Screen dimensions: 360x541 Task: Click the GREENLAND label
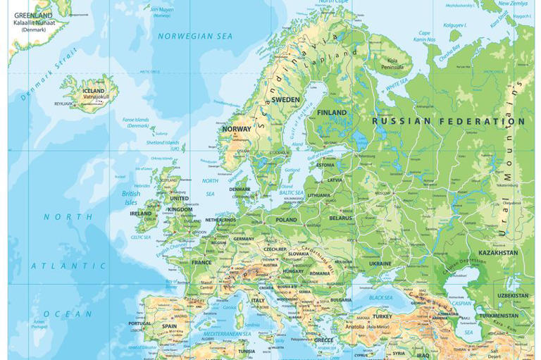point(32,15)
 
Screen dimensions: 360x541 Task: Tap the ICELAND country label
point(93,91)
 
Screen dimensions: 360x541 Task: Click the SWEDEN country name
point(285,100)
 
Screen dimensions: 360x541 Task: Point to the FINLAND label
point(332,113)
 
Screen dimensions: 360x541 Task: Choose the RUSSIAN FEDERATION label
point(448,121)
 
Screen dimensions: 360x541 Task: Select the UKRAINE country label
point(380,263)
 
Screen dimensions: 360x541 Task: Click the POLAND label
point(286,220)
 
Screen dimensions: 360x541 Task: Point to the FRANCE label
point(201,263)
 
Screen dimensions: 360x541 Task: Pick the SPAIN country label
point(169,326)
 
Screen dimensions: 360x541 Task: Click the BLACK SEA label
point(380,297)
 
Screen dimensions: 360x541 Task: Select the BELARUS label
point(340,218)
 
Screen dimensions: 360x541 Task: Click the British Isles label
point(130,198)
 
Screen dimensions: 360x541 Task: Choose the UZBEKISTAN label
point(512,296)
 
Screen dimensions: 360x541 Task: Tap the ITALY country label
point(258,301)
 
